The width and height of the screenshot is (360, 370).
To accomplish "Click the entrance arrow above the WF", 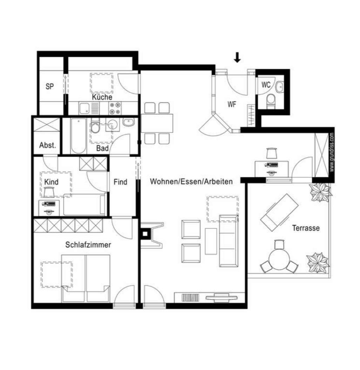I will (x=237, y=57).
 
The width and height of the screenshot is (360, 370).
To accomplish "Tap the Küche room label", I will (x=102, y=97).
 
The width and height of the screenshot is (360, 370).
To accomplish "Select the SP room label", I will (x=50, y=87).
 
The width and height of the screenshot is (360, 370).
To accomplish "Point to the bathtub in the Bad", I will (x=78, y=136).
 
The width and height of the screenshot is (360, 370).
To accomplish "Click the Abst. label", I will (x=47, y=145).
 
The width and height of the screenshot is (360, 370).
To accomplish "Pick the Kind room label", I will (x=52, y=182).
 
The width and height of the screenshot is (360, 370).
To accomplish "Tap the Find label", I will (x=120, y=182).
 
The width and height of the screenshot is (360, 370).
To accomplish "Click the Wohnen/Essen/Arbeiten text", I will (x=191, y=182).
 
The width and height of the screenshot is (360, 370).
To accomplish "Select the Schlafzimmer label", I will (x=88, y=245).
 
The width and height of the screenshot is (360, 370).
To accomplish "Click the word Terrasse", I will (x=306, y=228).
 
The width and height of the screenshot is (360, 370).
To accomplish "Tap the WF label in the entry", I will (x=232, y=104).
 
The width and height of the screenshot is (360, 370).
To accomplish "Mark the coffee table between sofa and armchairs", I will (x=211, y=241).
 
